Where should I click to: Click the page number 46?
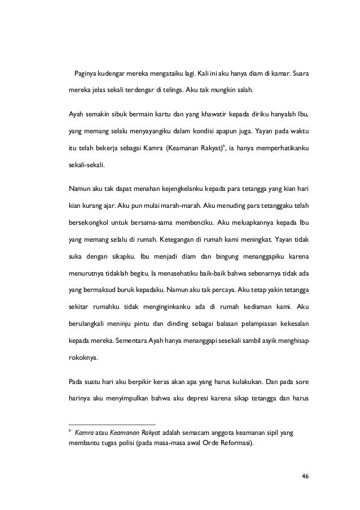point(305,476)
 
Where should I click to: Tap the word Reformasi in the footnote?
point(236,442)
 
